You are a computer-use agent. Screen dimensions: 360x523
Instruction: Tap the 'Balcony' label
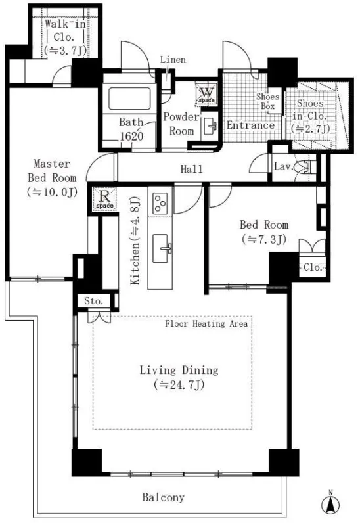(163, 497)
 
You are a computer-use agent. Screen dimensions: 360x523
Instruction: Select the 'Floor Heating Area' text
(206, 323)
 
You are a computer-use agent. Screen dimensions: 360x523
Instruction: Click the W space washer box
(206, 93)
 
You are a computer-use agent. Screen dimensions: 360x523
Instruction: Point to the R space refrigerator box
(104, 199)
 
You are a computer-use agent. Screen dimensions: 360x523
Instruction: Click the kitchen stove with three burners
(160, 203)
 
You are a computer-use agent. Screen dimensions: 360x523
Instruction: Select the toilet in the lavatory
(305, 167)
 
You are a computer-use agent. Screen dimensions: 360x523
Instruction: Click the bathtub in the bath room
(129, 98)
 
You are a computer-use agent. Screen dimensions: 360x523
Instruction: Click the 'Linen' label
(173, 60)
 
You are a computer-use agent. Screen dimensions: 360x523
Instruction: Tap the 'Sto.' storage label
(93, 301)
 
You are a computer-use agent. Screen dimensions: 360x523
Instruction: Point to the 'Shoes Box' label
(267, 101)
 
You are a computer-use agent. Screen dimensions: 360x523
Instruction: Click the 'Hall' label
(192, 169)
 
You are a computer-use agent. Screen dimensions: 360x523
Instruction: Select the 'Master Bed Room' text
(52, 171)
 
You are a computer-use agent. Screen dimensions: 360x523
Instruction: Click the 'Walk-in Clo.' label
(65, 31)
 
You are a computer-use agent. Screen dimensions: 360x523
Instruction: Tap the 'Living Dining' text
(179, 370)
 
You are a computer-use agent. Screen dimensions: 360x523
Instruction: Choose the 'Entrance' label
(250, 125)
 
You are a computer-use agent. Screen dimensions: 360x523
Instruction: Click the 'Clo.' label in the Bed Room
(313, 267)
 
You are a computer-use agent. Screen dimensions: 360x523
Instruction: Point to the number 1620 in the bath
(131, 137)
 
